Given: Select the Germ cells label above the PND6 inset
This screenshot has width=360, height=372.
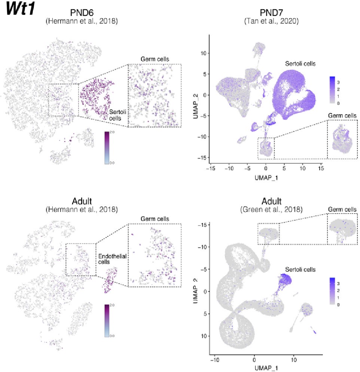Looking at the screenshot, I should click(x=155, y=59).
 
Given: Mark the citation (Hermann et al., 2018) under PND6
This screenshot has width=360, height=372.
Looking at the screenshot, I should click(x=82, y=21).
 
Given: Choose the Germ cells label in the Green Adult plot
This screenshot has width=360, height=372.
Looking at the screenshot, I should click(x=342, y=209).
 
